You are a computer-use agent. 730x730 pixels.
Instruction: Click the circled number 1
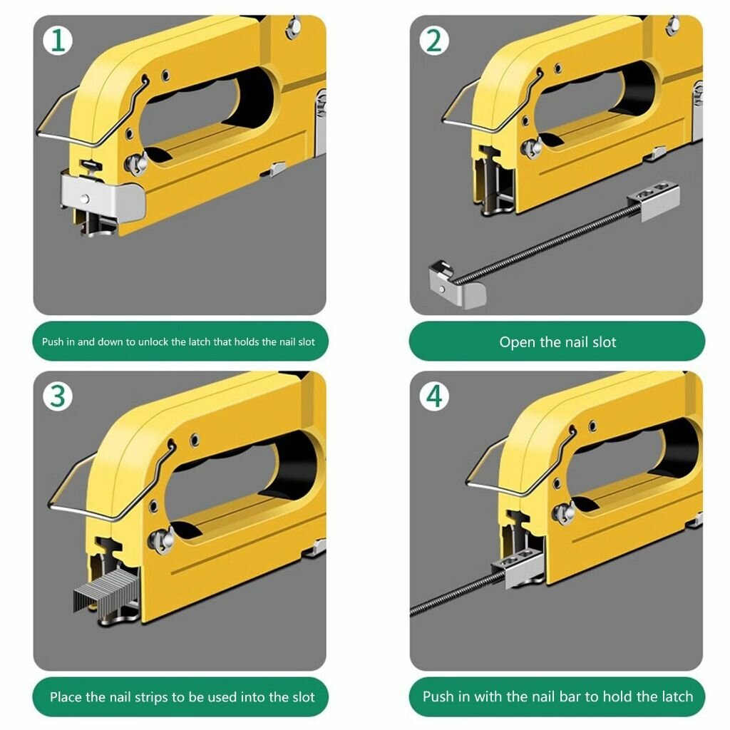[58, 41]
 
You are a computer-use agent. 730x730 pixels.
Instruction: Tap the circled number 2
[434, 41]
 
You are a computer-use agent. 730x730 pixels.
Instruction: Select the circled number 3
[58, 396]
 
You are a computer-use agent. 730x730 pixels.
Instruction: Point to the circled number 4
[434, 396]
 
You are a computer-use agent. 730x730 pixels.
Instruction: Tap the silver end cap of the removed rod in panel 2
[457, 285]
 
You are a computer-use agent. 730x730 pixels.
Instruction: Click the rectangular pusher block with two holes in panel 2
[654, 200]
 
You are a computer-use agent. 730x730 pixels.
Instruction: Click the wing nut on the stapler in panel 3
[161, 540]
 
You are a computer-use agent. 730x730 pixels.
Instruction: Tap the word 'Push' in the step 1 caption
[52, 341]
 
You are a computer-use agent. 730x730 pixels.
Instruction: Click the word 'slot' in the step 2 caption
[605, 342]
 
